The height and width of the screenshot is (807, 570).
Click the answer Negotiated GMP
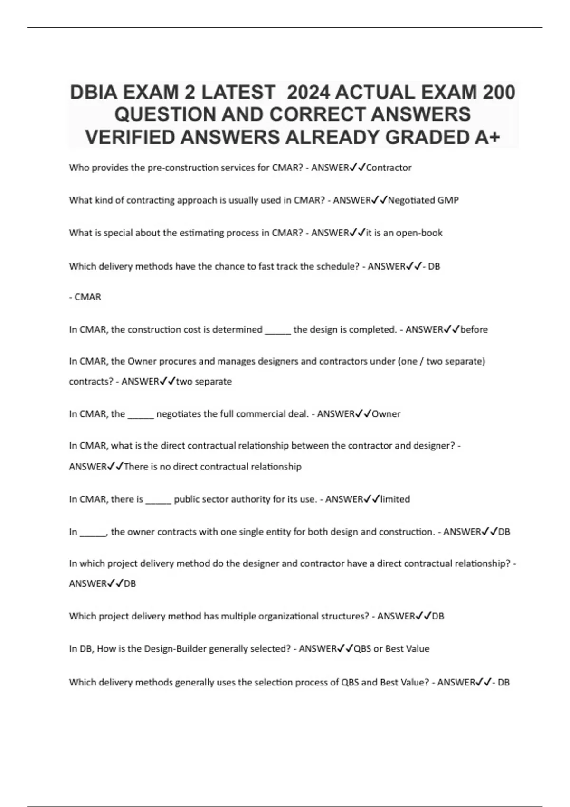click(x=423, y=200)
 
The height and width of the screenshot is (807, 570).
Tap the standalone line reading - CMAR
click(x=85, y=297)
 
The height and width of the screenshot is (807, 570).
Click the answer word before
click(x=474, y=329)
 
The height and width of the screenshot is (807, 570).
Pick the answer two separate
click(x=204, y=382)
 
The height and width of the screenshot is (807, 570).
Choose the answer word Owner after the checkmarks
click(x=386, y=414)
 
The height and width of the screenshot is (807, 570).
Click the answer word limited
click(x=395, y=499)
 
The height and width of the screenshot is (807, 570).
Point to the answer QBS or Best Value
click(x=391, y=649)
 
